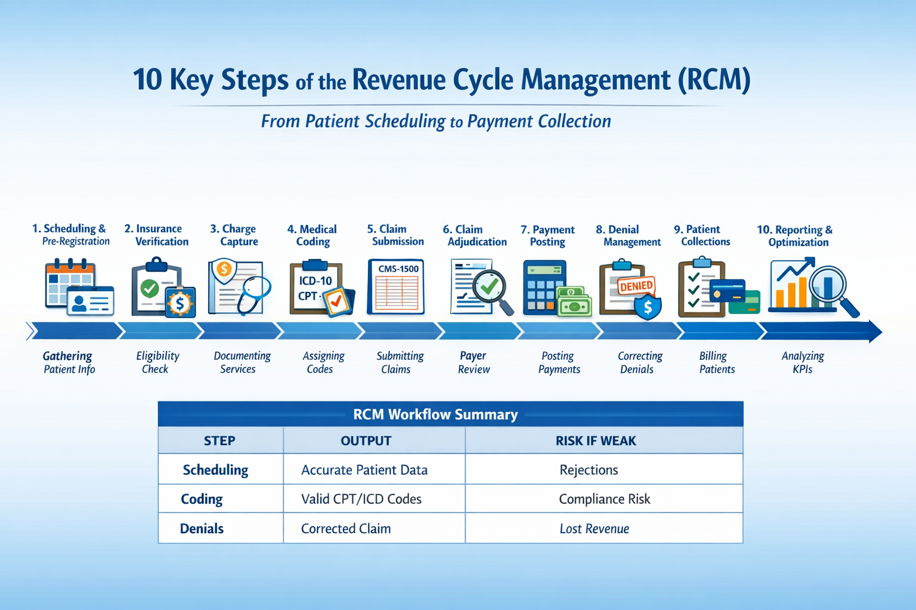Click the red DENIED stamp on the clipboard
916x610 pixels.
(636, 286)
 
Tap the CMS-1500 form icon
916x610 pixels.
(397, 287)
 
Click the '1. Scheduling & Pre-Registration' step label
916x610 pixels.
(70, 235)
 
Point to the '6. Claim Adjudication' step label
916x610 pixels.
(475, 235)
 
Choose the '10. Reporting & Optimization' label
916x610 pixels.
(796, 236)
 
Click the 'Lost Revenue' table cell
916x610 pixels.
(594, 528)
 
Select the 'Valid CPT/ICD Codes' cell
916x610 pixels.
(361, 499)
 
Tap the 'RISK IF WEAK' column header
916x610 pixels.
(596, 441)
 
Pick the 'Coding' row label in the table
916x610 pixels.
(202, 499)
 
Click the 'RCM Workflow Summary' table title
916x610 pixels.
(435, 415)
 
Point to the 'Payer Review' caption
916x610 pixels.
(474, 362)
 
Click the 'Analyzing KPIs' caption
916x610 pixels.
(803, 362)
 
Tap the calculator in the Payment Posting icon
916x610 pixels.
(543, 288)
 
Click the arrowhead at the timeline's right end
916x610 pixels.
(874, 332)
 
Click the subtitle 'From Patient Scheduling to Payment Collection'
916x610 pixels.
(436, 122)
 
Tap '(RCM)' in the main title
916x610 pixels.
(714, 80)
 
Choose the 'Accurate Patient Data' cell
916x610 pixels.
(364, 470)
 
